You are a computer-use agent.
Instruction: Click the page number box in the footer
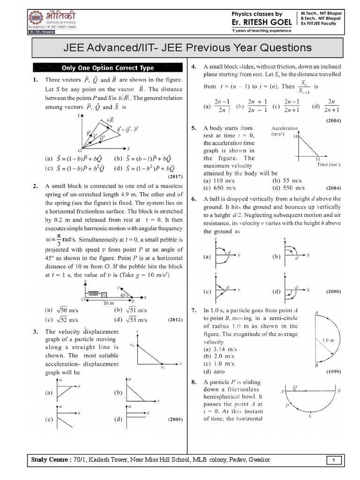(333, 461)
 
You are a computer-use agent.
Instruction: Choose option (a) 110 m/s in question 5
(218, 180)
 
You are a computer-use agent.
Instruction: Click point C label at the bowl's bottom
(311, 416)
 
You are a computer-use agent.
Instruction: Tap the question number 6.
(194, 199)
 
